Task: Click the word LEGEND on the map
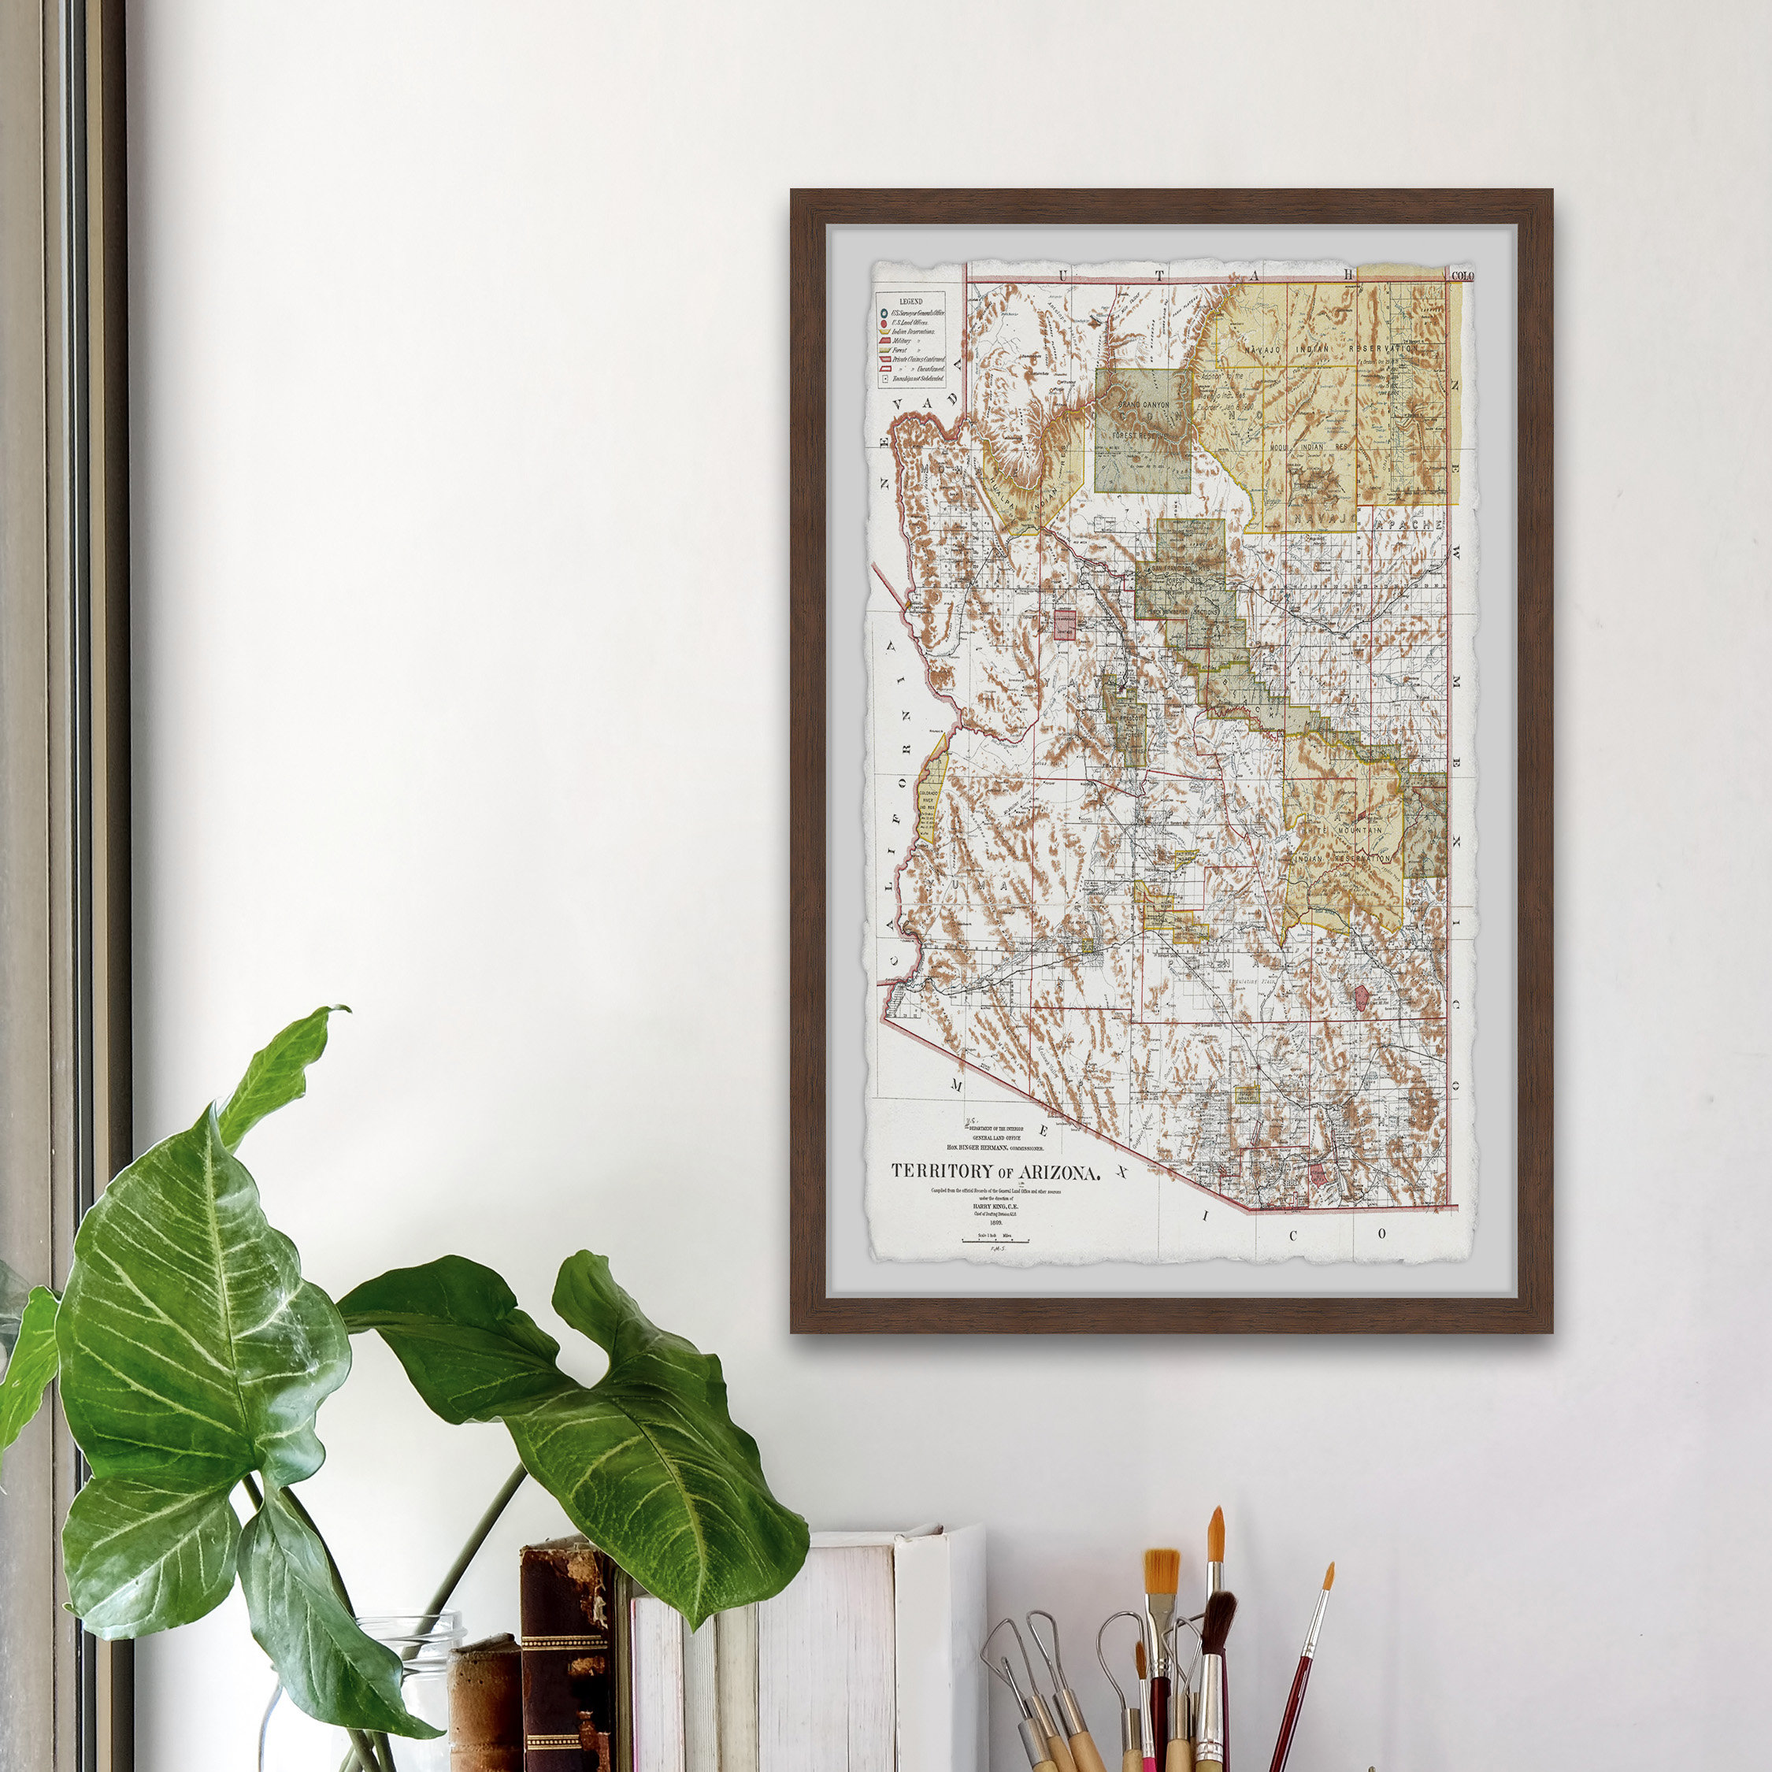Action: click(910, 301)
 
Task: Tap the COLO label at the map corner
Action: click(1463, 275)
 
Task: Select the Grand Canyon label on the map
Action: click(1143, 403)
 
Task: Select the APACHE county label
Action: click(1409, 525)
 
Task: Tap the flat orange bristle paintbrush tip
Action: click(1161, 1571)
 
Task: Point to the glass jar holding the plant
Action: click(403, 1697)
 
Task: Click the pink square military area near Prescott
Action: click(1065, 624)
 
